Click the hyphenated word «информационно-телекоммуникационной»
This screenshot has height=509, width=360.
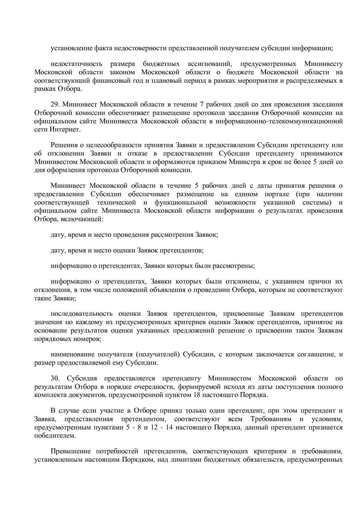pyautogui.click(x=279, y=121)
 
